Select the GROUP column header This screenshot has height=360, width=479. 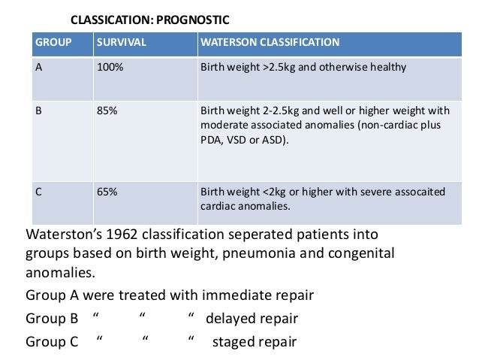53,42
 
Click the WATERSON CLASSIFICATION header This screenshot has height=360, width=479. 270,42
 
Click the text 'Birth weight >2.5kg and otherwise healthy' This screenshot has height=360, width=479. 303,68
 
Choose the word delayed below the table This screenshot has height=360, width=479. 230,319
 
